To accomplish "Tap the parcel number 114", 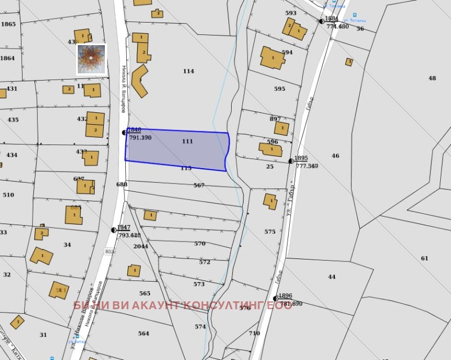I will [188, 71].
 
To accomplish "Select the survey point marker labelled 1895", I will [291, 161].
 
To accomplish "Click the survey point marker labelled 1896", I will [276, 298].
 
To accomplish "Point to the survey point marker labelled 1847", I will [114, 230].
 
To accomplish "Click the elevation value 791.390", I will [140, 138].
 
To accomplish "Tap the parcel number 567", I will [198, 186].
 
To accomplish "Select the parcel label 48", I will [432, 78].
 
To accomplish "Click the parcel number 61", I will [424, 258].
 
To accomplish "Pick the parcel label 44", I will [331, 277].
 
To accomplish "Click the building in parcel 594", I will [272, 58].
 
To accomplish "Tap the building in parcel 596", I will [271, 150].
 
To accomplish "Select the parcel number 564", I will [144, 333].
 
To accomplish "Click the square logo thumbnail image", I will [91, 59].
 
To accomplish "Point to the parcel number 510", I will [8, 195].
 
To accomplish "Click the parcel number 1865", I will [8, 24].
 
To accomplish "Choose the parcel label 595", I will [280, 89].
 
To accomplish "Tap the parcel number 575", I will [270, 232].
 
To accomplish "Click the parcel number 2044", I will [140, 247].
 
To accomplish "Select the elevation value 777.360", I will [307, 166].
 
